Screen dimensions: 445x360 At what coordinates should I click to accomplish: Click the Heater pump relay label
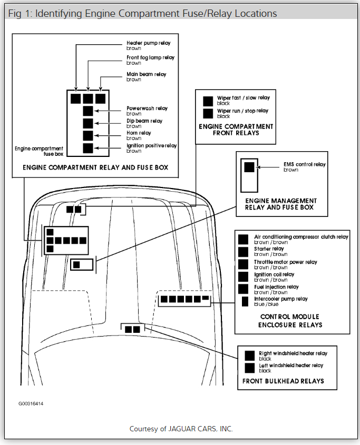[x=149, y=42]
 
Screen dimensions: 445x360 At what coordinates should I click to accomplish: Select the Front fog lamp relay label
[x=150, y=57]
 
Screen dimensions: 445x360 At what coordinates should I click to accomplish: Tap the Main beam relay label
[x=146, y=74]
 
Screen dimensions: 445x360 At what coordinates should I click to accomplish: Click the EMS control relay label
[x=304, y=164]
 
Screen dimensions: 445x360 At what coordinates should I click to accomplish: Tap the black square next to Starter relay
[x=243, y=251]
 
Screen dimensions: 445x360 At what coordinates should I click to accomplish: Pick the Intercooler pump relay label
[x=280, y=299]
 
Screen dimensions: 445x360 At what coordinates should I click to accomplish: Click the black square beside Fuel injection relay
[x=243, y=289]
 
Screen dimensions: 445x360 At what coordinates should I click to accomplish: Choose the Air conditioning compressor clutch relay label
[x=301, y=237]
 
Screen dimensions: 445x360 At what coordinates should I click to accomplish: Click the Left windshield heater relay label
[x=291, y=365]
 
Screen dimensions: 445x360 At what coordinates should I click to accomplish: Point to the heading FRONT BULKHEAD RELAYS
[x=283, y=381]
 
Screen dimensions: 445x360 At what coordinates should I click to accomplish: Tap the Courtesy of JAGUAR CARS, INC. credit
[x=181, y=429]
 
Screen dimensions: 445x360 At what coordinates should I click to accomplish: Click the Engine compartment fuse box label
[x=39, y=152]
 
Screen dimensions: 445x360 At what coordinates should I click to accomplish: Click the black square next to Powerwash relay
[x=88, y=111]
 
